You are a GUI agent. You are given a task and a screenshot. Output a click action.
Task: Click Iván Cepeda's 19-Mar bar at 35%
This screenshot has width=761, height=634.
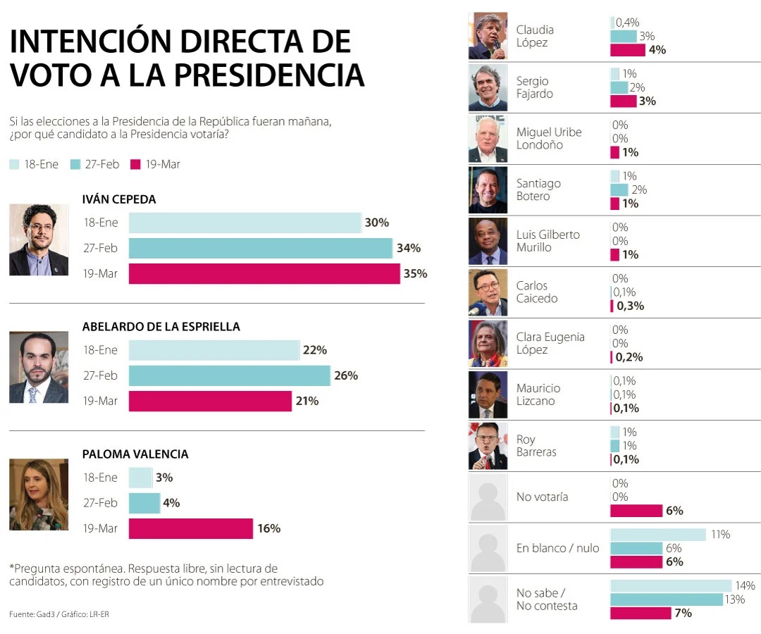(x=264, y=273)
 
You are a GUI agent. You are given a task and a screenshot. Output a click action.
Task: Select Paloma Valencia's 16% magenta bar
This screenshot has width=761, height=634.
(x=190, y=528)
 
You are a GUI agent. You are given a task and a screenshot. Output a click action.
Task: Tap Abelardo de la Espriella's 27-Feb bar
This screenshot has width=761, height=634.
(x=229, y=375)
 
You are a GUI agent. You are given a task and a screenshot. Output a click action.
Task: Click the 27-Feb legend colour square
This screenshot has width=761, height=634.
(x=75, y=164)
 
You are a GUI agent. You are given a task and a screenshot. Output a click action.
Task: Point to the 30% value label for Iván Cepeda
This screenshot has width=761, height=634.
(x=377, y=223)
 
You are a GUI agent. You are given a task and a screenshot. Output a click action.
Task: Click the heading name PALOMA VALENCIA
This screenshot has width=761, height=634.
(x=135, y=454)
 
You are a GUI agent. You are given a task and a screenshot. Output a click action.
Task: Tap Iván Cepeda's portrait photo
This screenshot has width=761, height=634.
(x=39, y=240)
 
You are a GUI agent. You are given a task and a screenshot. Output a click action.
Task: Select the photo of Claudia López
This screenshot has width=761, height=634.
(x=488, y=36)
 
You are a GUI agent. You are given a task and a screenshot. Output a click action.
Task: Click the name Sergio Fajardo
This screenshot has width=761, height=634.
(x=534, y=87)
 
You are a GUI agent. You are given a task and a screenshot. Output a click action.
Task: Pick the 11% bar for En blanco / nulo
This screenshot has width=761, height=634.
(x=657, y=535)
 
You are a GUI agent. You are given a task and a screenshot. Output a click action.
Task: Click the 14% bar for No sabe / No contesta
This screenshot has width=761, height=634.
(x=671, y=585)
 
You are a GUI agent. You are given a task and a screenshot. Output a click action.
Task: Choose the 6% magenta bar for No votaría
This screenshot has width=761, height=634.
(x=636, y=511)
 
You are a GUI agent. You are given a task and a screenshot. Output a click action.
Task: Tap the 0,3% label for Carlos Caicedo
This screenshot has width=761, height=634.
(x=630, y=306)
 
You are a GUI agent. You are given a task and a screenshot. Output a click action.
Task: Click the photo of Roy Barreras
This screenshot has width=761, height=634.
(x=488, y=445)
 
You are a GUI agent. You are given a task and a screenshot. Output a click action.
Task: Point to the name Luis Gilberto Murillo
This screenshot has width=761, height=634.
(x=547, y=241)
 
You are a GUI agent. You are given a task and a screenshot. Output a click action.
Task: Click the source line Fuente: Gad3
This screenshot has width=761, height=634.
(x=32, y=614)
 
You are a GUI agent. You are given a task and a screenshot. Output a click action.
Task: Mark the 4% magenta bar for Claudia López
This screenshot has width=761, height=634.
(x=627, y=49)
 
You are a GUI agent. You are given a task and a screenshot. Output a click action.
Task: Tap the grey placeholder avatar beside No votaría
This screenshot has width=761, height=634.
(x=488, y=497)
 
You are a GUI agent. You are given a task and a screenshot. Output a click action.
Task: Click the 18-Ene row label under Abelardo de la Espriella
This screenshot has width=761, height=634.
(x=100, y=350)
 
